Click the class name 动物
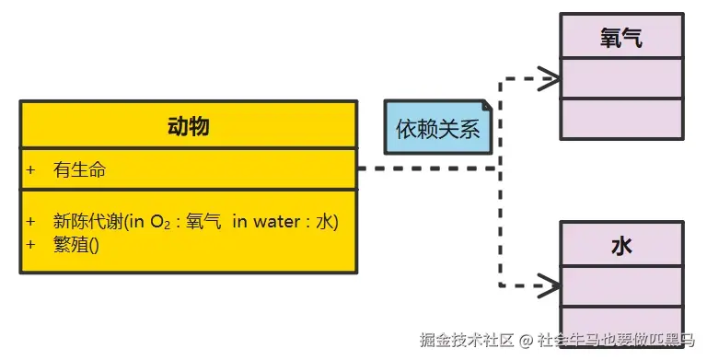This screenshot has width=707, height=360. click(188, 126)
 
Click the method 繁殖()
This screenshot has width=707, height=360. click(75, 245)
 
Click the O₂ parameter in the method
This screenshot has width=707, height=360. click(164, 222)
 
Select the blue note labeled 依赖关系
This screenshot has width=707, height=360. click(438, 130)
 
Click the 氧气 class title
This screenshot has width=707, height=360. click(621, 39)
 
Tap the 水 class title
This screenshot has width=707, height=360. click(621, 246)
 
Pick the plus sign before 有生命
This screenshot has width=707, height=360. click(30, 170)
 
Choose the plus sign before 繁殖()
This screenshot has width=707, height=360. click(30, 245)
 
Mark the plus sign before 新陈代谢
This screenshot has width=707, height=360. click(30, 222)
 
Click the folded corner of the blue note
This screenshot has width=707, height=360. click(486, 107)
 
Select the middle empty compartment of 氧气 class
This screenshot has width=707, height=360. click(621, 79)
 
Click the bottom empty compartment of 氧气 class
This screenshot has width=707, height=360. click(621, 119)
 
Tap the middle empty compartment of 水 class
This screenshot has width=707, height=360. click(621, 286)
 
